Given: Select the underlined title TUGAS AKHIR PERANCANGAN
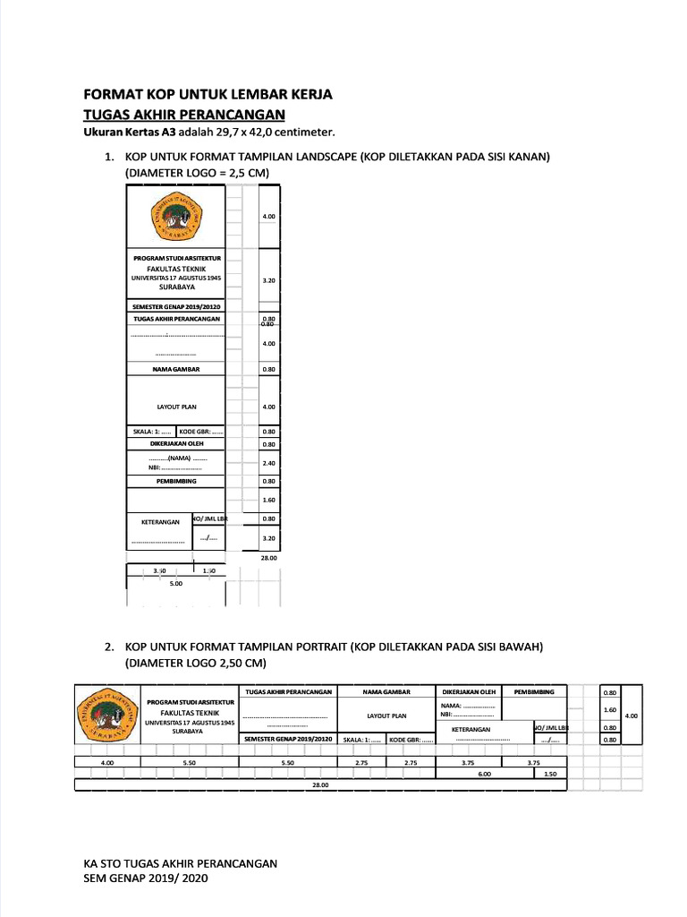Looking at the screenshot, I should click(183, 114).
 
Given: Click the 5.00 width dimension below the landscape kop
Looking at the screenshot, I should click(175, 583).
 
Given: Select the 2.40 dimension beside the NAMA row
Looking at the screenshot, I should click(268, 463).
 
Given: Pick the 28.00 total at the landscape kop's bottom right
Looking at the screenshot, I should click(268, 557).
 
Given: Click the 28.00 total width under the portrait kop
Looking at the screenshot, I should click(320, 784).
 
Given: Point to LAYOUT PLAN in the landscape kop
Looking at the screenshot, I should click(176, 407).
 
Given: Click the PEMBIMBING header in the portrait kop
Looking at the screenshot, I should click(534, 691).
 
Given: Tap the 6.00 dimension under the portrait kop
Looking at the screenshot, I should click(484, 774).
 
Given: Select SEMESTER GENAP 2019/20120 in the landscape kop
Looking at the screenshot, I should click(176, 306).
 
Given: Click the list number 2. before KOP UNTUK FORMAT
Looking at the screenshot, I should click(109, 647).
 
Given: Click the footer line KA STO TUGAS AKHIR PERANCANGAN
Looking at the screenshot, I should click(180, 863).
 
